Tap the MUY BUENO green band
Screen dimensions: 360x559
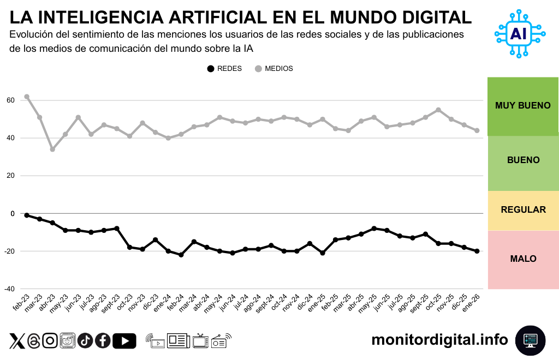tap(523, 106)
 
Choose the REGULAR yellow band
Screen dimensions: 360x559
tap(523, 210)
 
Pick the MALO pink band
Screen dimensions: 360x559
tap(523, 259)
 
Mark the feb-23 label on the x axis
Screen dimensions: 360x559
tap(21, 303)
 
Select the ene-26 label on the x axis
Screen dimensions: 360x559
tap(471, 303)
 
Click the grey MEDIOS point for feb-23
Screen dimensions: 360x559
tap(27, 97)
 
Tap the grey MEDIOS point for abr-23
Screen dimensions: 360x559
tap(52, 149)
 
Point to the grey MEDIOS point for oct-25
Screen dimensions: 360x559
tap(438, 110)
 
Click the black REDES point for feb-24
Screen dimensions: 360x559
tap(181, 255)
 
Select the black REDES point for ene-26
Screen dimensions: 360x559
tap(477, 251)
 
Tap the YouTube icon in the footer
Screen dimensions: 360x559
tap(124, 341)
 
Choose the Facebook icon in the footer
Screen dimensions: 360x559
tap(103, 341)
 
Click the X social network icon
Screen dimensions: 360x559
tap(17, 341)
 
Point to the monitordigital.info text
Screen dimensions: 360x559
tap(439, 340)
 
